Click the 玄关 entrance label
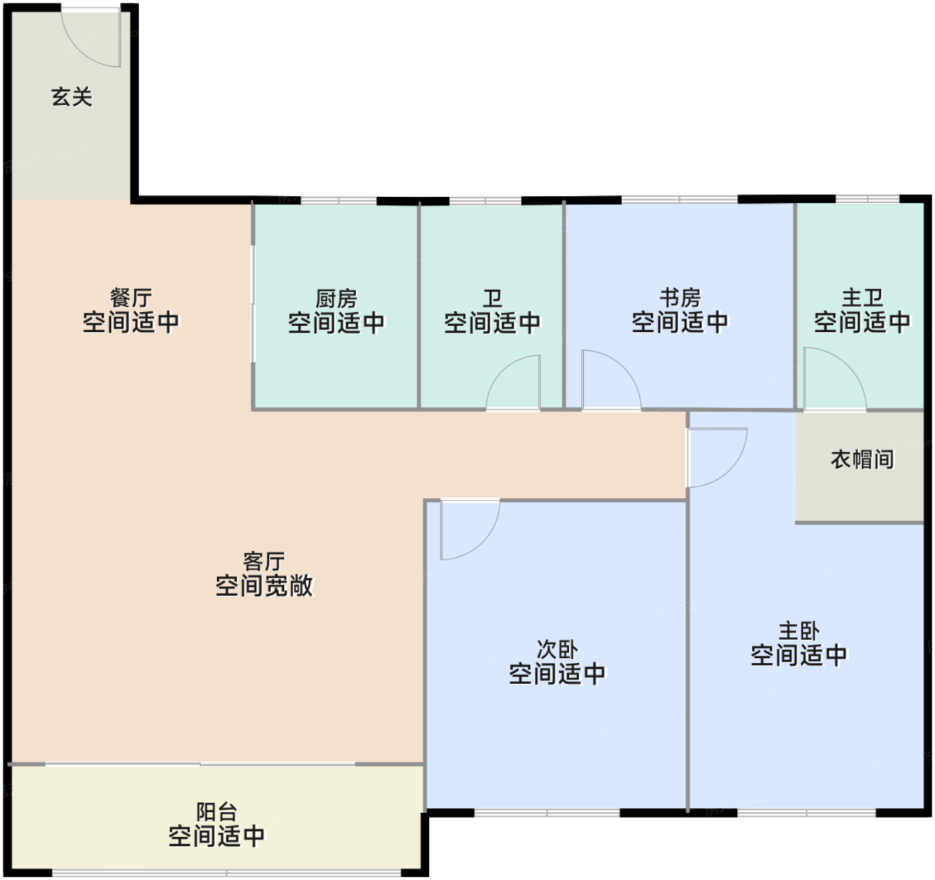point(71,97)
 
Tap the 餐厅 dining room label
point(131,298)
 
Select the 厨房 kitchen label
point(336,299)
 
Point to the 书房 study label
point(680,298)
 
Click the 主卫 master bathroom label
point(862,298)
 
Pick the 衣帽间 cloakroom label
point(862,459)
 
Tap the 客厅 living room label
point(264,561)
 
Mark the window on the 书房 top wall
point(679,200)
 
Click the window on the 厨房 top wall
point(339,201)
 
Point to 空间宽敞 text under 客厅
point(264,586)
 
